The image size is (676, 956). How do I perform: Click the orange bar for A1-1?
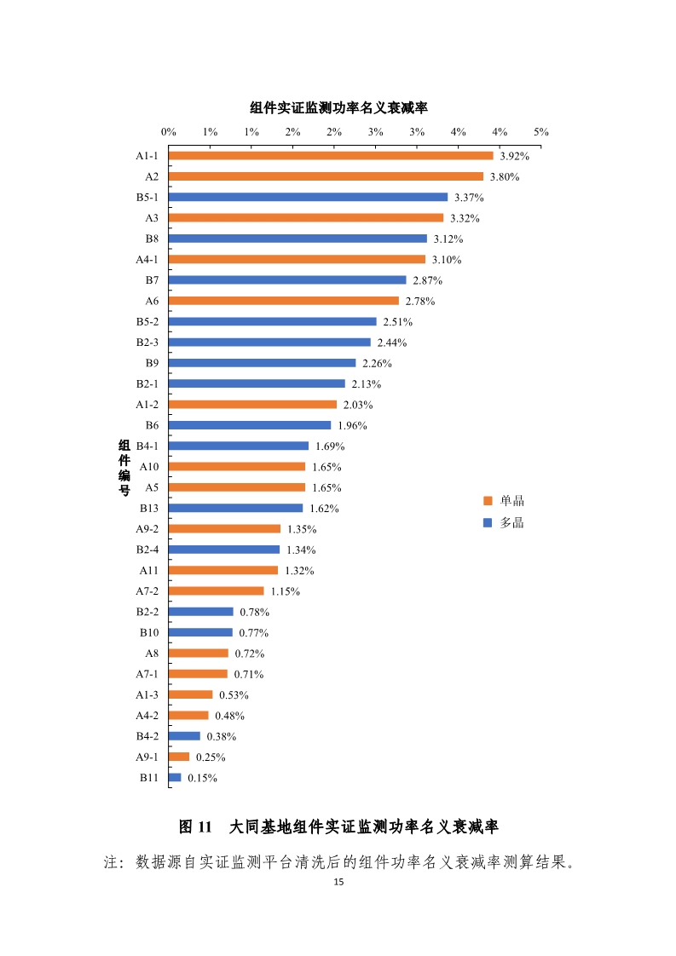[331, 156]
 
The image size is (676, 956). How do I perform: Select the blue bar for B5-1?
[308, 197]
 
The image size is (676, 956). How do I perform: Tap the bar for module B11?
[175, 777]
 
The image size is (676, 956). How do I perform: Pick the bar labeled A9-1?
[179, 757]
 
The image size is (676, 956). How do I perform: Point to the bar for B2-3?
[269, 343]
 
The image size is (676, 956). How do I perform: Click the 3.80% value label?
[505, 177]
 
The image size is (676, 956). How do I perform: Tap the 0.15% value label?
[203, 778]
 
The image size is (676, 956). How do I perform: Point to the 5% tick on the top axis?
[541, 132]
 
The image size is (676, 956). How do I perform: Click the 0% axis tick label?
[169, 132]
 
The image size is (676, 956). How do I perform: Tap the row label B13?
[149, 508]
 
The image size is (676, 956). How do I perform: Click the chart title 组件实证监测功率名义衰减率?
[338, 108]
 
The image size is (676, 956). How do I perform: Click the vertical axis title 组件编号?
[124, 467]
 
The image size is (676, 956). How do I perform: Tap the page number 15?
[338, 883]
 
